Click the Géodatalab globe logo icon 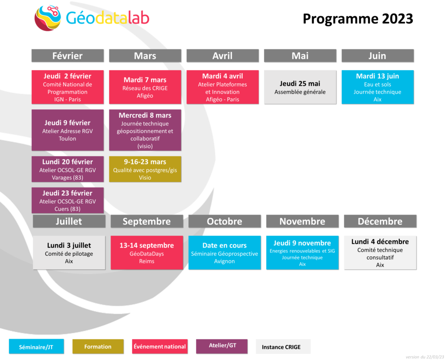[x=47, y=17]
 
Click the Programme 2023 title [x=358, y=19]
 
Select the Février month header [x=68, y=55]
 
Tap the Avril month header [x=223, y=55]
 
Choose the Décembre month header [x=380, y=221]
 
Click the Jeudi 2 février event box [x=68, y=87]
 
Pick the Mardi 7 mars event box [x=145, y=87]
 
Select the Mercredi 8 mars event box [x=145, y=130]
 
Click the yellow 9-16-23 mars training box [x=145, y=169]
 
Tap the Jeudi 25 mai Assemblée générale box [x=300, y=87]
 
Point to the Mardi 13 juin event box [x=378, y=87]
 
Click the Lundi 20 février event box [x=68, y=169]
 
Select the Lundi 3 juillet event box [x=69, y=252]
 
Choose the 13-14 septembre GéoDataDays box [x=147, y=252]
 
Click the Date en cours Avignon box [x=224, y=252]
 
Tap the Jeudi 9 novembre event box [x=302, y=252]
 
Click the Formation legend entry [x=98, y=346]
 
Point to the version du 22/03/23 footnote [x=425, y=357]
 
